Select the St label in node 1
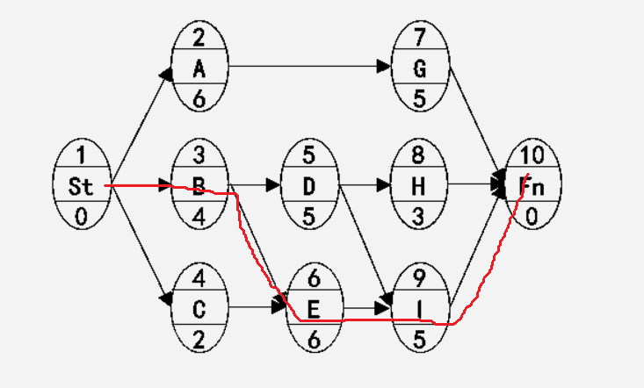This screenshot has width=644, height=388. coord(81,187)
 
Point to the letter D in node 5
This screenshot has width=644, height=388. coord(308,187)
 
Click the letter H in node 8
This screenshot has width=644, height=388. coord(419,187)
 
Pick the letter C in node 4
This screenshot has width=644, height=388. coord(199,308)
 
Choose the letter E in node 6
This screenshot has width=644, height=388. coord(314,308)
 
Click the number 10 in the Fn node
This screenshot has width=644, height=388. coord(532,157)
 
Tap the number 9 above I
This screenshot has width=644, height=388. coord(419,279)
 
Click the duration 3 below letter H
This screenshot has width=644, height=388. coord(419,217)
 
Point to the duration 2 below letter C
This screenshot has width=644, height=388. coord(199,339)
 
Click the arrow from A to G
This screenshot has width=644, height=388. coord(308,66)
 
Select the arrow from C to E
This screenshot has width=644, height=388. coord(255,307)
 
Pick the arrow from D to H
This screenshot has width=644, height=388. coord(365,186)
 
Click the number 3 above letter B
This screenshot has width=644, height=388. coord(199,157)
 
